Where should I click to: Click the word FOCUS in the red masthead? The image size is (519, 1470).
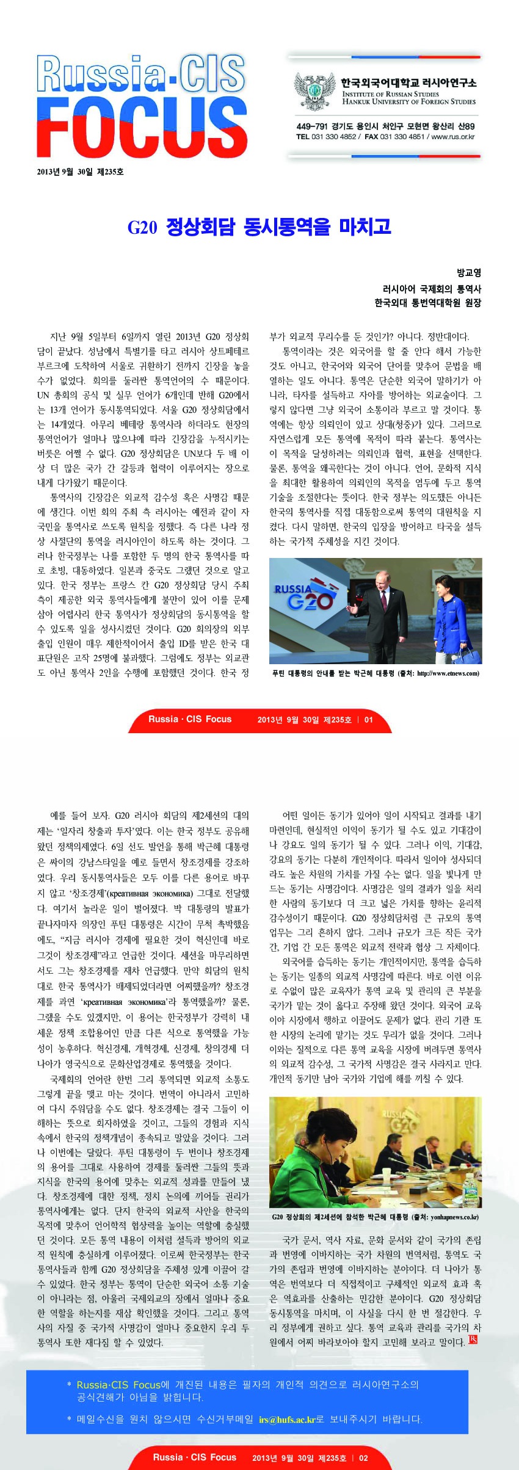pyautogui.click(x=142, y=128)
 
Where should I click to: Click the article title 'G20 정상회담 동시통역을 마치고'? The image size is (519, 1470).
pyautogui.click(x=259, y=227)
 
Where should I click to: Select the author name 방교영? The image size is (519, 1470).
pyautogui.click(x=469, y=273)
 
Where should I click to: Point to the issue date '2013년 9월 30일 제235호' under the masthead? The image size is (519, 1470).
pyautogui.click(x=80, y=172)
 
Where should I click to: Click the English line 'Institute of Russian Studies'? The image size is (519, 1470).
pyautogui.click(x=390, y=94)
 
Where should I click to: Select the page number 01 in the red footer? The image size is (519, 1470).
pyautogui.click(x=368, y=720)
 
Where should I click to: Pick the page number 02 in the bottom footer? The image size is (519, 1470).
pyautogui.click(x=363, y=1458)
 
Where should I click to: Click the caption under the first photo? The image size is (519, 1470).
pyautogui.click(x=375, y=673)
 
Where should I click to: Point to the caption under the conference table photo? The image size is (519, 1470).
pyautogui.click(x=375, y=1217)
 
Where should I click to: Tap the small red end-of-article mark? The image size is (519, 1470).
pyautogui.click(x=473, y=1339)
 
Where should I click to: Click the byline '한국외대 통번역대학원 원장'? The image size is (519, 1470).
pyautogui.click(x=427, y=303)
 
